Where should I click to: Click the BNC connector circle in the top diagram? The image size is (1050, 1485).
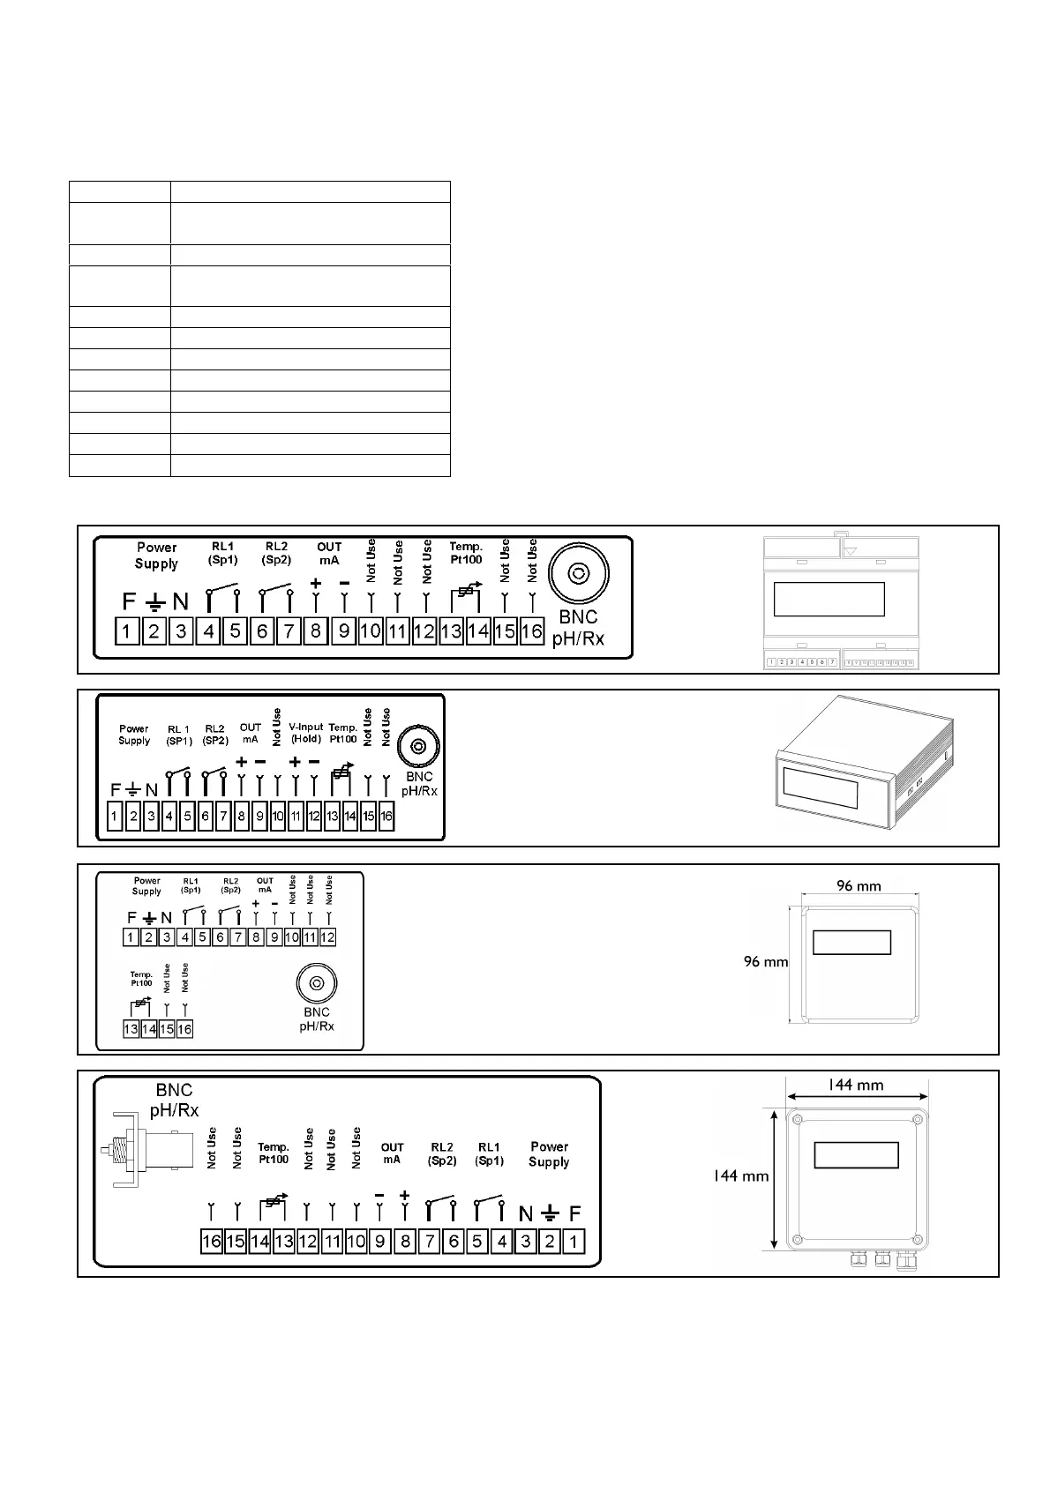[578, 575]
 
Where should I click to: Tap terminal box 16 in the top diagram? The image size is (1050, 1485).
[531, 631]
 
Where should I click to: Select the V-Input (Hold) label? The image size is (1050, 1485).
[306, 733]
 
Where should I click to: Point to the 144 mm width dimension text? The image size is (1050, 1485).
[855, 1086]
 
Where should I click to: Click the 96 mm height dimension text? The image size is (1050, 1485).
[766, 962]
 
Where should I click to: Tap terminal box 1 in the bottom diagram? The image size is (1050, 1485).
[574, 1242]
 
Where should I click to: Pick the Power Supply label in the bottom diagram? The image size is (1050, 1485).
[549, 1154]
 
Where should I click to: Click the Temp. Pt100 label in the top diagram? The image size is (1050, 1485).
[466, 553]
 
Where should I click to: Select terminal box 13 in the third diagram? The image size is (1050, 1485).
[131, 1029]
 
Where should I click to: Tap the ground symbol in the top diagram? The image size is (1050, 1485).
[154, 602]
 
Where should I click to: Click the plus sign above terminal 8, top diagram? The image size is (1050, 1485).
[316, 583]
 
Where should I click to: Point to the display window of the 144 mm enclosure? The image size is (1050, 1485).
[856, 1155]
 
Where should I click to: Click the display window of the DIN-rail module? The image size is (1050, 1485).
[829, 600]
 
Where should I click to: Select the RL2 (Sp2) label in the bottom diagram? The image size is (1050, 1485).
[442, 1153]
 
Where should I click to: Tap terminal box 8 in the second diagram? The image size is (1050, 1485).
[241, 817]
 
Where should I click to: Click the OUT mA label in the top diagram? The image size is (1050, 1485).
[329, 553]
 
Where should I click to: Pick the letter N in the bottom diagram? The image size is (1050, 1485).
[526, 1214]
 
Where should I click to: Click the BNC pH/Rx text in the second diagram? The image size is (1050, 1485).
[419, 784]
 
